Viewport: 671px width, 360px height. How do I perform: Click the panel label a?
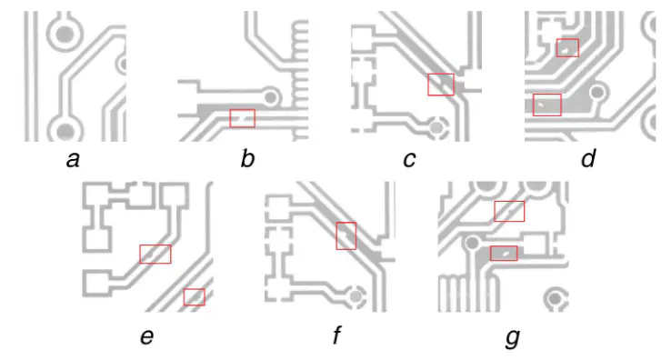[x=75, y=161]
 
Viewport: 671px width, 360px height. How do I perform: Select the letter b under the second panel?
[x=247, y=161]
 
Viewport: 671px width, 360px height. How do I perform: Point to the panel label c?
[x=410, y=161]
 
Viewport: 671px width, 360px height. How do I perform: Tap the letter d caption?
[x=588, y=161]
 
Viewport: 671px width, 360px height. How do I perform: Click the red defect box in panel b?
[x=243, y=117]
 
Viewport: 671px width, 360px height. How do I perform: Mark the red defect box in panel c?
[x=441, y=85]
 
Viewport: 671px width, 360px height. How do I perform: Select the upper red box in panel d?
[x=567, y=47]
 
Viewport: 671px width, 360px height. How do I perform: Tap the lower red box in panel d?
[x=547, y=105]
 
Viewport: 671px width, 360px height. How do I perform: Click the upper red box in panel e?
[x=155, y=254]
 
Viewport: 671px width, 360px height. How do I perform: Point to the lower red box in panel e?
[x=195, y=296]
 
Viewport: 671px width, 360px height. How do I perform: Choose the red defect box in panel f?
[x=346, y=235]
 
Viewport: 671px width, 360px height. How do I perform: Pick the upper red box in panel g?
[x=509, y=211]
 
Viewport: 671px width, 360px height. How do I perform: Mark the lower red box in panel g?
[x=504, y=253]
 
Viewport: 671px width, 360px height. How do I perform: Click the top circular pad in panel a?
[x=65, y=35]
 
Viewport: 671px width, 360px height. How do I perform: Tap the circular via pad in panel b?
[x=271, y=95]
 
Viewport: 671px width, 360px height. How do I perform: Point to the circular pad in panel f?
[x=356, y=295]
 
